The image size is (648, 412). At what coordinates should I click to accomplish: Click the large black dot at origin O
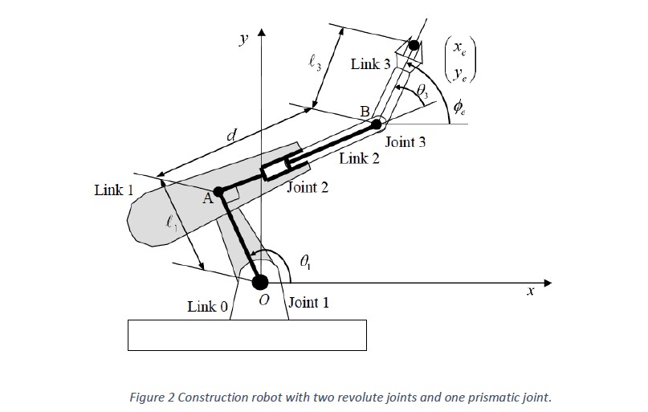pyautogui.click(x=260, y=282)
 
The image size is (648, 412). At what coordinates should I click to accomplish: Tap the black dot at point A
pyautogui.click(x=218, y=191)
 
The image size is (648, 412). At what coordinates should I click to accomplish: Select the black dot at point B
pyautogui.click(x=376, y=124)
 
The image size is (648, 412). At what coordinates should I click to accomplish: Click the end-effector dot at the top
pyautogui.click(x=414, y=45)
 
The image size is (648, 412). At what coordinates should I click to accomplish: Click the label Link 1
pyautogui.click(x=114, y=190)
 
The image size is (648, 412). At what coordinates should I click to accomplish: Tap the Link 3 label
pyautogui.click(x=370, y=64)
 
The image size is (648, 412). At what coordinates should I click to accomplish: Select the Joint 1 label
pyautogui.click(x=308, y=303)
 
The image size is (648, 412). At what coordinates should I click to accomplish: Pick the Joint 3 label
pyautogui.click(x=406, y=142)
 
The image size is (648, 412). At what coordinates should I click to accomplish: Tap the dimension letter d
pyautogui.click(x=230, y=137)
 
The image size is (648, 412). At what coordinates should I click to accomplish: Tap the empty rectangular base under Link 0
pyautogui.click(x=247, y=334)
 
